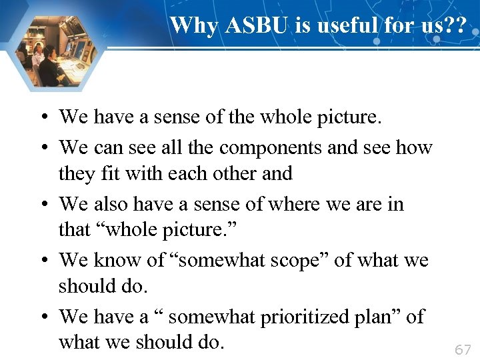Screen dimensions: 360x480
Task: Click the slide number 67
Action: tap(462, 349)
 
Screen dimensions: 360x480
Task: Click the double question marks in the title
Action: tap(457, 25)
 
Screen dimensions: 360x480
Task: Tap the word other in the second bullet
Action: tap(230, 173)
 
